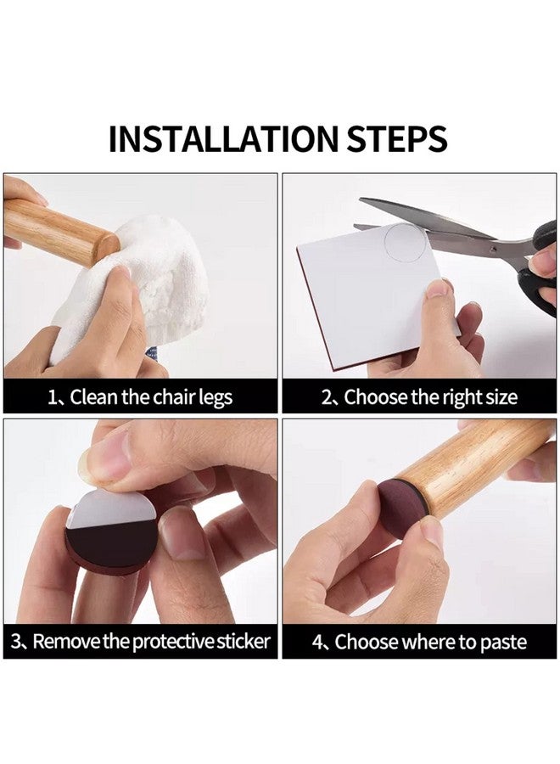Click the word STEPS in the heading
coord(397,139)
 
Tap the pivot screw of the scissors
coord(494,249)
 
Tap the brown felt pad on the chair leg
coord(400,508)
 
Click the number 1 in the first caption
coord(52,397)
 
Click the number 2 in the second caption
coord(326,397)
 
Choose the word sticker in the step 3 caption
coord(243,641)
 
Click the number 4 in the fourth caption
coord(317,642)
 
